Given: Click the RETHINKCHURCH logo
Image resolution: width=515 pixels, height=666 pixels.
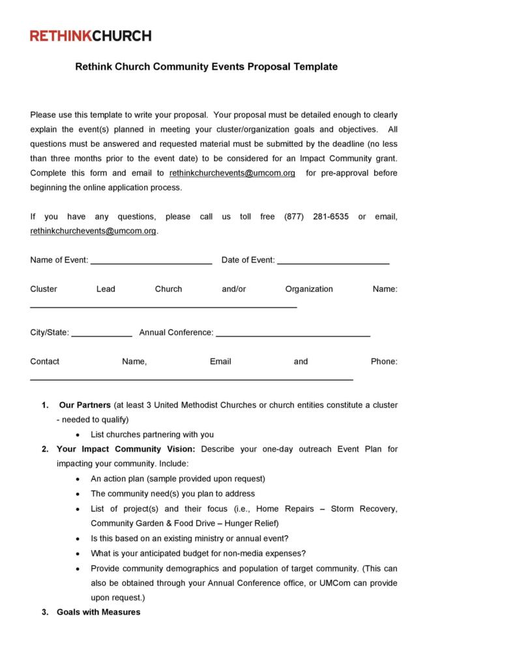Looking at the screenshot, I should coord(91,36).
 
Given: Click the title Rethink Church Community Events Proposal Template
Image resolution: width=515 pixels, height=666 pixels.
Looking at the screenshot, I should coord(206,66).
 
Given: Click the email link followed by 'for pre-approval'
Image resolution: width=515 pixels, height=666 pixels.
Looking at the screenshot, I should coord(232,173).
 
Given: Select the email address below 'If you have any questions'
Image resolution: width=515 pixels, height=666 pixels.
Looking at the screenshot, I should coord(93,231).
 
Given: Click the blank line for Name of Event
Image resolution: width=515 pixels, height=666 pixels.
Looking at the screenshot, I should coord(151,262).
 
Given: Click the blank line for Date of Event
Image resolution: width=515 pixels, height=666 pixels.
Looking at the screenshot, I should coord(333,262).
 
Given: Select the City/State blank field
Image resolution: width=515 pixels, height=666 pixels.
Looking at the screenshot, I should coord(101,334).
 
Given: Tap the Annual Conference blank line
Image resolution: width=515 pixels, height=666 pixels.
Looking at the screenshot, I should coord(293,334).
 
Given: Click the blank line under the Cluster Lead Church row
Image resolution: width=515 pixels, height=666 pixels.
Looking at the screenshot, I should coord(164,306).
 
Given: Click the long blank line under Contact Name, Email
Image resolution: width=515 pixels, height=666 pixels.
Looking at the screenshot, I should coord(192,379).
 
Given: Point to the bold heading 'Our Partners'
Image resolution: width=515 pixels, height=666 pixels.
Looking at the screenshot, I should coord(84,405).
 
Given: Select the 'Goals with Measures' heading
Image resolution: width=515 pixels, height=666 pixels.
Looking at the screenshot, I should coord(98,612).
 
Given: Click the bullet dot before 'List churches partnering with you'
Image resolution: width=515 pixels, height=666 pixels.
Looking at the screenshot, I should coord(78,435).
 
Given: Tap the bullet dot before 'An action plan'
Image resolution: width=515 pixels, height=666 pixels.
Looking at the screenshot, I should coord(78,478).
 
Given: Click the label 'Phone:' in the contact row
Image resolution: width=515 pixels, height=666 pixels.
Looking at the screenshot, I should coord(384,362).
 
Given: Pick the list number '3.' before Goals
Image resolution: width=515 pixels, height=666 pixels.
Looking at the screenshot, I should coord(45,612).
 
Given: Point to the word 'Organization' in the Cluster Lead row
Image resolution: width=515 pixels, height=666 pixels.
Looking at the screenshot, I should coord(309,289).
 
